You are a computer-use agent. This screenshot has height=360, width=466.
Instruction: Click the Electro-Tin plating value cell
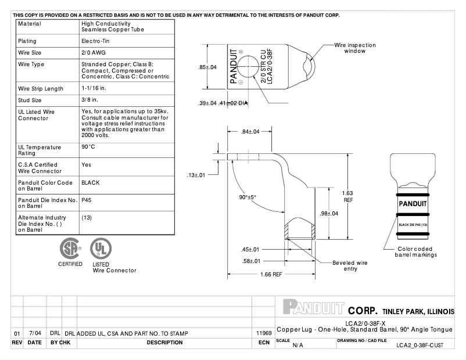95,42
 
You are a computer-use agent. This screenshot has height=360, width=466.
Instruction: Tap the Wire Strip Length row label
41,89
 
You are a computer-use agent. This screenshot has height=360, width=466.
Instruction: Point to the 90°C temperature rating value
88,147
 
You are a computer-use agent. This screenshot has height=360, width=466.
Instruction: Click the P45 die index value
87,200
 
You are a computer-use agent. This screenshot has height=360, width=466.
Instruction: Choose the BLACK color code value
91,182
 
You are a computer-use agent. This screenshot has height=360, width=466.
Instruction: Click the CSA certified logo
70,250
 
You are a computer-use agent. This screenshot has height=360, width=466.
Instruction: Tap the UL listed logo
101,250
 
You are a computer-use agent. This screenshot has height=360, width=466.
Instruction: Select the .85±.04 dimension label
207,67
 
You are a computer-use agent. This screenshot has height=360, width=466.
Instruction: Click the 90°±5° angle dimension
248,197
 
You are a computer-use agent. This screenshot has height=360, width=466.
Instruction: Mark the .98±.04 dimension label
329,214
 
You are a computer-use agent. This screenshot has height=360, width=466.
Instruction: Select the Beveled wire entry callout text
349,266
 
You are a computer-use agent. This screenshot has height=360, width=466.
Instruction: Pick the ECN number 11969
264,333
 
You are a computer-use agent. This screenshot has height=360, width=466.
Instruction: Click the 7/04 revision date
34,333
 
